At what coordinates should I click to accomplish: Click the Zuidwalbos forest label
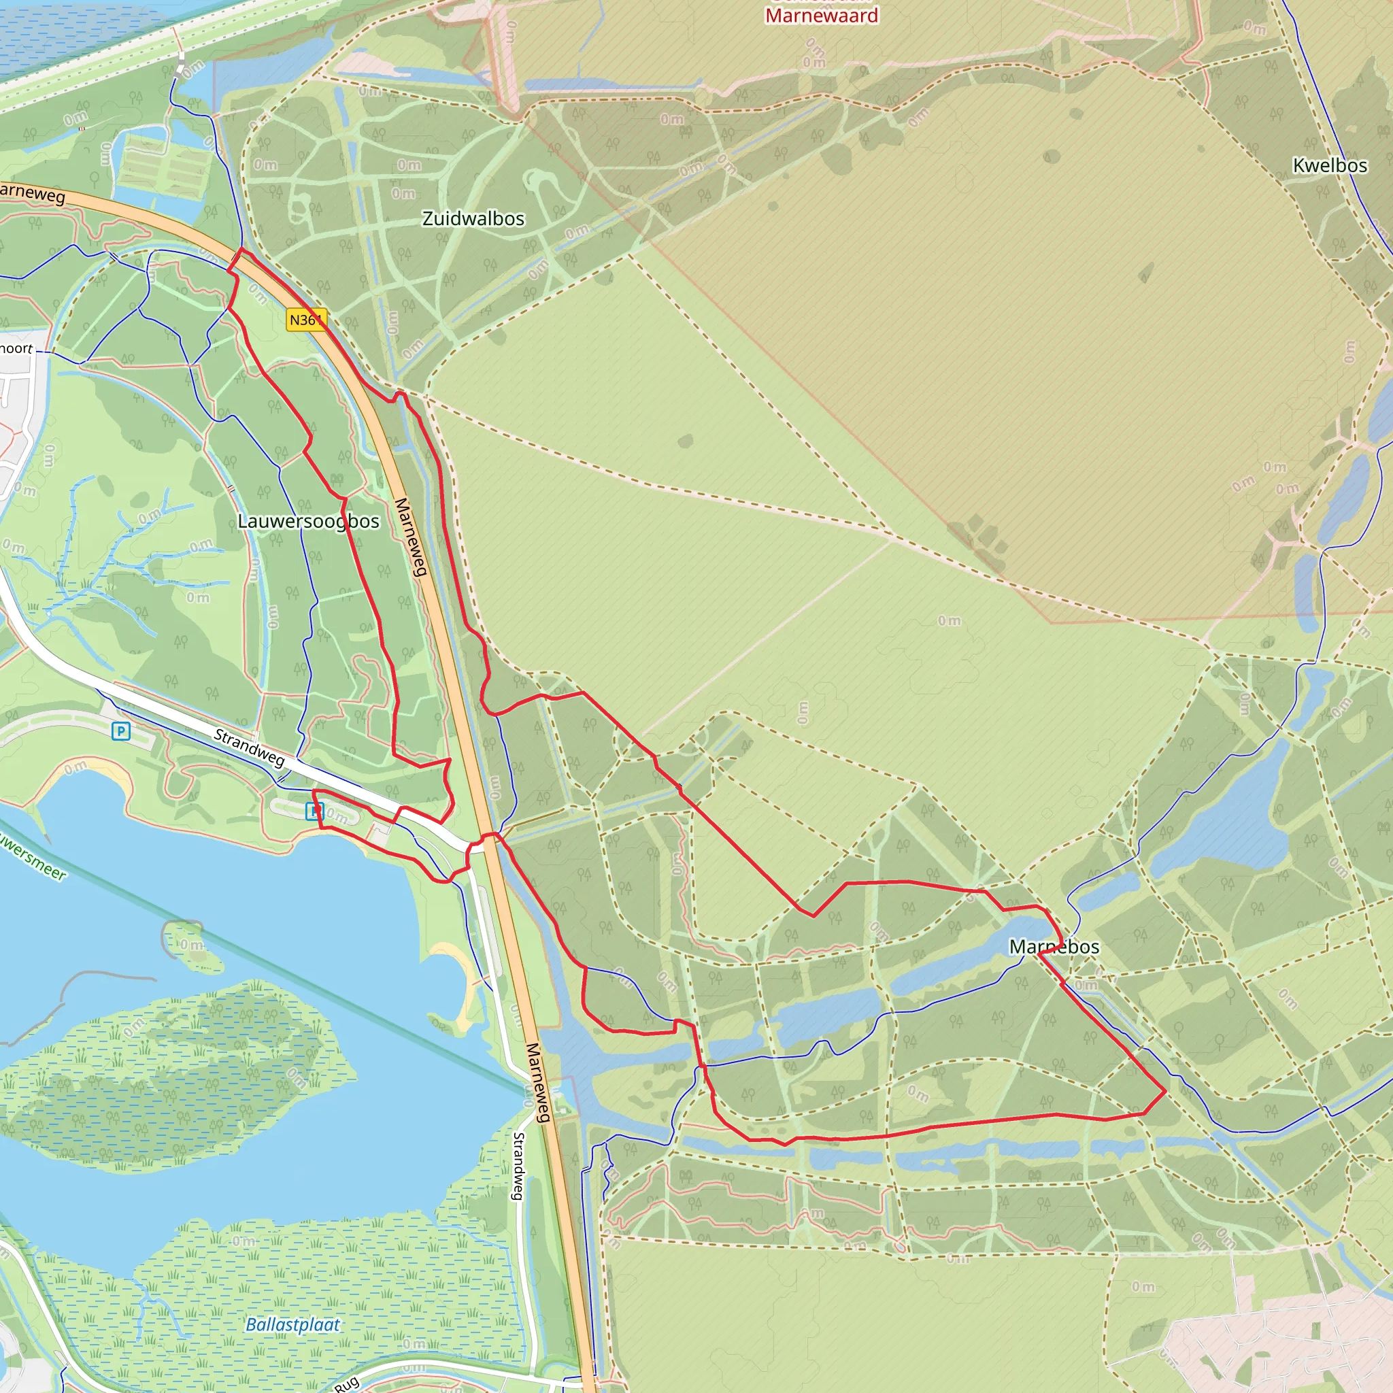click(x=473, y=218)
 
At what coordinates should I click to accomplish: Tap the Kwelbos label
click(x=1330, y=165)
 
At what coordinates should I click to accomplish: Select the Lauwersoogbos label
click(x=309, y=520)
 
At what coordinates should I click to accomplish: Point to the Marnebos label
click(x=1054, y=947)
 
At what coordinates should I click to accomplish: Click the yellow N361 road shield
click(x=305, y=320)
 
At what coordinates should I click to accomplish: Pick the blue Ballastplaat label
click(x=292, y=1324)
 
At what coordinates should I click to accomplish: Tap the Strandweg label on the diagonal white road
click(x=250, y=747)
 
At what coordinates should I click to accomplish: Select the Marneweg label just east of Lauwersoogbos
click(x=412, y=537)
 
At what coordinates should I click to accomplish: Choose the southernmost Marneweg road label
click(x=538, y=1081)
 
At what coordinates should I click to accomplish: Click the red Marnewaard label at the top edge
click(x=821, y=15)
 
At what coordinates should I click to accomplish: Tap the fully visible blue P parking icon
click(x=120, y=732)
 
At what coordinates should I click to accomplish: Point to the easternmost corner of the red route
click(x=1166, y=1091)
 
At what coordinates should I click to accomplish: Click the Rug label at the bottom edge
click(x=347, y=1383)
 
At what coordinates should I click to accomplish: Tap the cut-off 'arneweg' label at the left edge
click(x=32, y=193)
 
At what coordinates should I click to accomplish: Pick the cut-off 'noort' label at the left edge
click(x=16, y=349)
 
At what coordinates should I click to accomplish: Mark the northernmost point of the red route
click(x=241, y=249)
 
